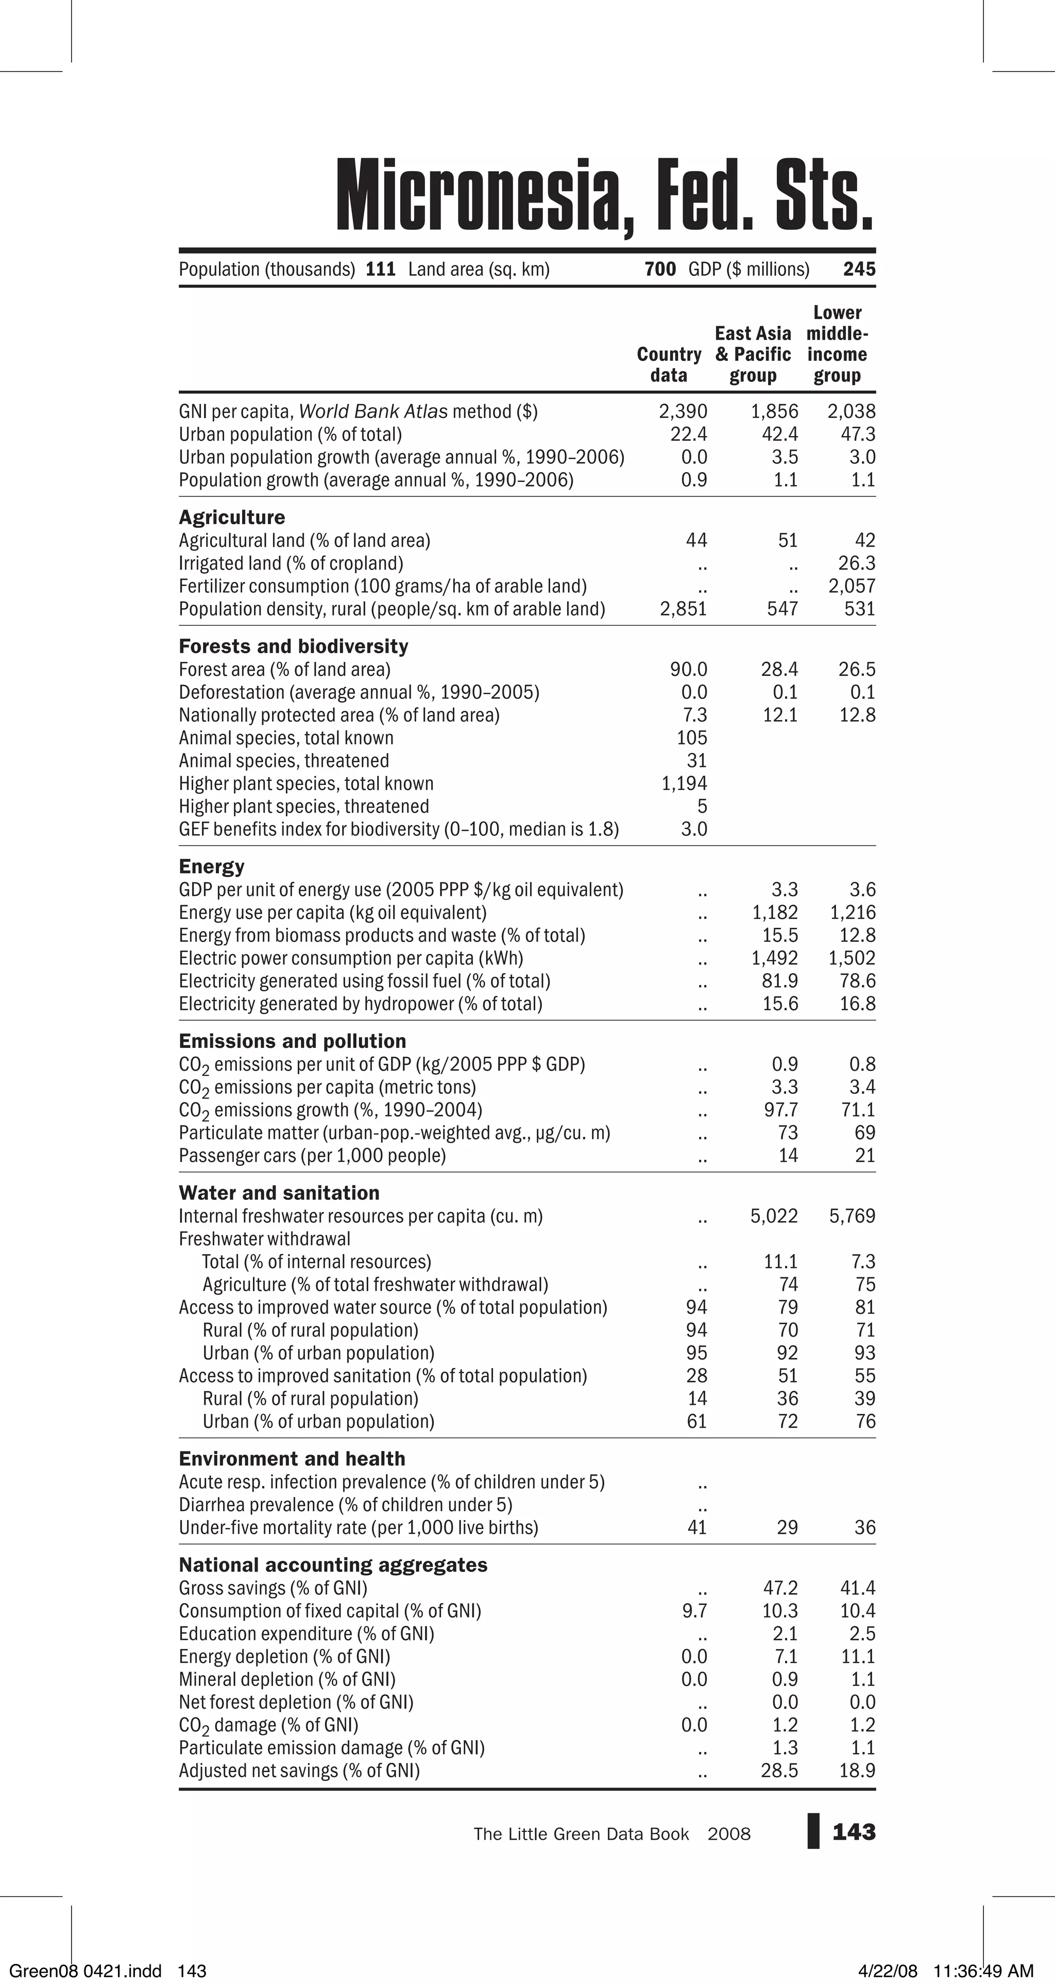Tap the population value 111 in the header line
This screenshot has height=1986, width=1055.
pyautogui.click(x=380, y=269)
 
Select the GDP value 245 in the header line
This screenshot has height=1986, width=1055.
pyautogui.click(x=859, y=269)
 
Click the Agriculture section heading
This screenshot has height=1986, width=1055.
pyautogui.click(x=231, y=518)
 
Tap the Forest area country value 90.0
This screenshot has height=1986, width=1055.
pyautogui.click(x=688, y=669)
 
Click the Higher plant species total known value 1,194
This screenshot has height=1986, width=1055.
pyautogui.click(x=684, y=783)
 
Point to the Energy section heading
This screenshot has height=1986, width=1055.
pyautogui.click(x=211, y=866)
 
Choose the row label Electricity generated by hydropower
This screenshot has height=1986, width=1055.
pyautogui.click(x=360, y=1004)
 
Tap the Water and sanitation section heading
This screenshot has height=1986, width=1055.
pyautogui.click(x=279, y=1193)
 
